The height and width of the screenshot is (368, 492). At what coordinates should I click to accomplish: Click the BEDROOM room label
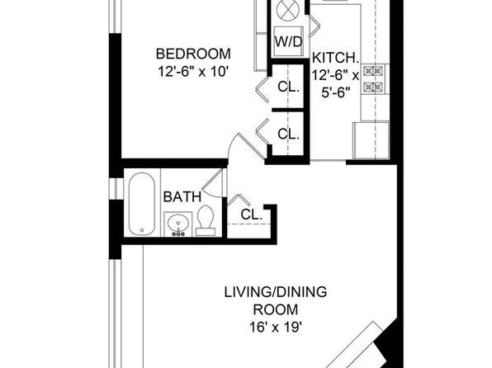click(x=193, y=54)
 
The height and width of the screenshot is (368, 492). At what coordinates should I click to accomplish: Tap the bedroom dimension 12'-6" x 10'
click(x=192, y=72)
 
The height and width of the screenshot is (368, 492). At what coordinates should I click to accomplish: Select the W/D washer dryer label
click(x=288, y=42)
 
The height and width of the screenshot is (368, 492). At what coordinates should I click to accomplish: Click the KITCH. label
click(x=335, y=58)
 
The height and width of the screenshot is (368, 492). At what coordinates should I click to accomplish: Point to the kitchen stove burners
click(x=373, y=78)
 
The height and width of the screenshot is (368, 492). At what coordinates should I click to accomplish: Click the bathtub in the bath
click(x=141, y=203)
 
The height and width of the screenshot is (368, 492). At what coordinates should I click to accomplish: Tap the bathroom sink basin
click(x=178, y=224)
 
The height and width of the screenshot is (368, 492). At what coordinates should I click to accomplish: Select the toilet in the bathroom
click(x=206, y=220)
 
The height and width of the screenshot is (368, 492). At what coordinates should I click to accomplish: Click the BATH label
click(x=182, y=197)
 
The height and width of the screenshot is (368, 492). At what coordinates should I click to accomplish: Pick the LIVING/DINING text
click(x=276, y=292)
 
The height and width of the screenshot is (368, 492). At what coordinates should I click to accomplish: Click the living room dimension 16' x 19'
click(x=276, y=328)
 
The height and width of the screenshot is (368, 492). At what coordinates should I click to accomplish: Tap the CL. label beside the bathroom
click(x=251, y=215)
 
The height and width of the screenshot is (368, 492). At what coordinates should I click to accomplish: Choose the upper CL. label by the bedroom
click(x=289, y=87)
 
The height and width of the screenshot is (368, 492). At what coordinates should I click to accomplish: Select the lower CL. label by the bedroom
click(x=289, y=134)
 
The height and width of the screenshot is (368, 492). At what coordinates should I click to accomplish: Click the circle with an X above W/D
click(x=288, y=10)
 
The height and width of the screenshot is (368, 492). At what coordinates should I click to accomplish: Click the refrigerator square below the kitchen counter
click(x=371, y=140)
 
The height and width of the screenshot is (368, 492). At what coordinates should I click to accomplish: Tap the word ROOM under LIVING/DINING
click(x=276, y=309)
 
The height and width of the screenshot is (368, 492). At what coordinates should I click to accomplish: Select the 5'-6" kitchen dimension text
click(x=335, y=92)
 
